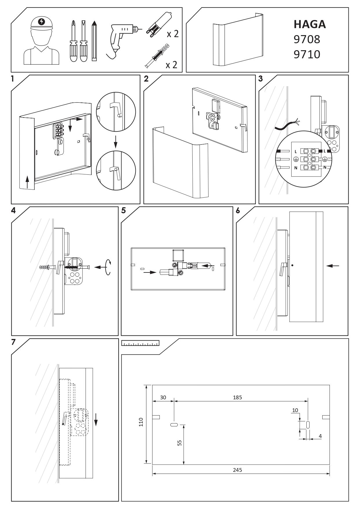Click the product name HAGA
click(310, 24)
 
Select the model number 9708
click(307, 39)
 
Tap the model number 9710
click(307, 54)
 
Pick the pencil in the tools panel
click(94, 41)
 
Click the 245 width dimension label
click(237, 470)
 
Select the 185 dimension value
click(237, 398)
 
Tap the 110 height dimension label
click(141, 422)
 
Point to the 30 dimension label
click(163, 398)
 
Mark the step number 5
click(124, 210)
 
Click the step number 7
click(13, 342)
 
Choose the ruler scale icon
click(140, 344)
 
